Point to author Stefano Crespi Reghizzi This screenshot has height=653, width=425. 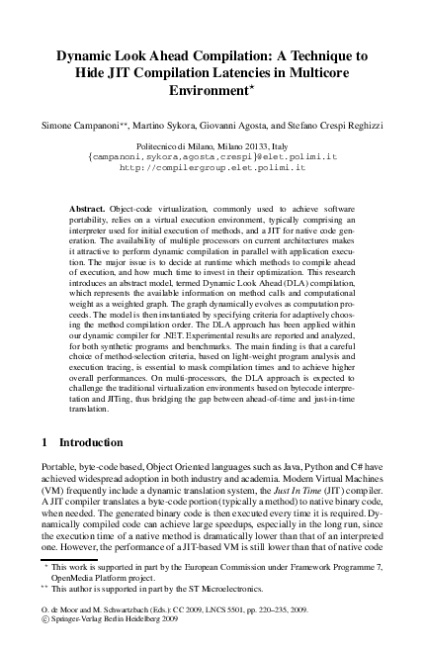[352, 125]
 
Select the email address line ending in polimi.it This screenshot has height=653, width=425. [212, 156]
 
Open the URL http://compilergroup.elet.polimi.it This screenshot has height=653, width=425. [212, 168]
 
